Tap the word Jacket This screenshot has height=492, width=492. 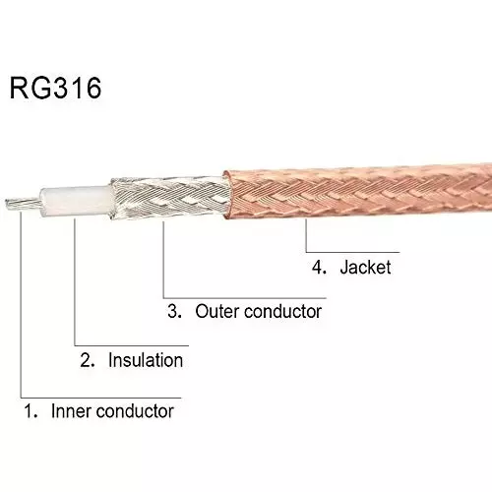[x=366, y=267]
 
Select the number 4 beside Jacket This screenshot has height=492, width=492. [x=318, y=267]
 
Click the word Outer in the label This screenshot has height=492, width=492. [x=217, y=312]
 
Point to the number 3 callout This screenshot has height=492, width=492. [x=173, y=312]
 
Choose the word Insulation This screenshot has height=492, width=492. [x=145, y=360]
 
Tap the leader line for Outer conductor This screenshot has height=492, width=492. [x=162, y=266]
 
